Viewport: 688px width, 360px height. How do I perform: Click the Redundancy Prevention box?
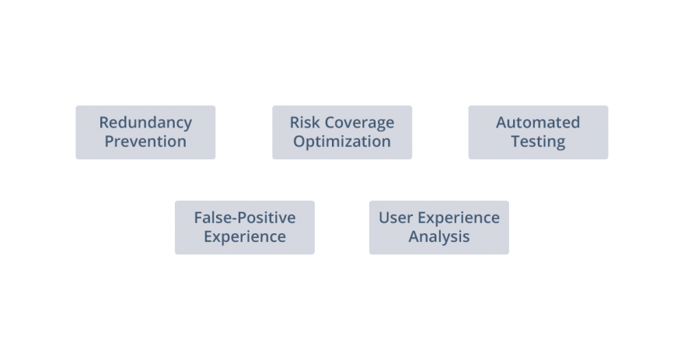tap(145, 132)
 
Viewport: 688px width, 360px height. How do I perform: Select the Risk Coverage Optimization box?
tap(342, 132)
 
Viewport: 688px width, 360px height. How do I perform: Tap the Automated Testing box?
tap(538, 132)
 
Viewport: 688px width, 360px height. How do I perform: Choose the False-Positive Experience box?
tap(245, 227)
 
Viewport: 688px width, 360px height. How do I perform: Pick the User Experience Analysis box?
tap(438, 227)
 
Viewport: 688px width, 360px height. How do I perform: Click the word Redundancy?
tap(145, 123)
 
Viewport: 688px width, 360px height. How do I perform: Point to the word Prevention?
tap(145, 142)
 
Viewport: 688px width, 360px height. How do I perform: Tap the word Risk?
tap(305, 123)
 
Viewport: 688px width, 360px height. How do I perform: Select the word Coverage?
tap(359, 124)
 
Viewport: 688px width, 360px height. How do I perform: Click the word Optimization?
tap(342, 142)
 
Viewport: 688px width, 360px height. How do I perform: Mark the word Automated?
tap(538, 123)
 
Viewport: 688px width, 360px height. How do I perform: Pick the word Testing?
tap(538, 142)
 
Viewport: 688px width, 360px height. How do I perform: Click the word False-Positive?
tap(245, 217)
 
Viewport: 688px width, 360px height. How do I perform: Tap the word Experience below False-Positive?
tap(245, 237)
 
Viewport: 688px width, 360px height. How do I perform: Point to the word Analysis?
tap(438, 237)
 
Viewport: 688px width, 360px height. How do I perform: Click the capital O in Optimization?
tap(299, 142)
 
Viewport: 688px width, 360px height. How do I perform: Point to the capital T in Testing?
tap(516, 142)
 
